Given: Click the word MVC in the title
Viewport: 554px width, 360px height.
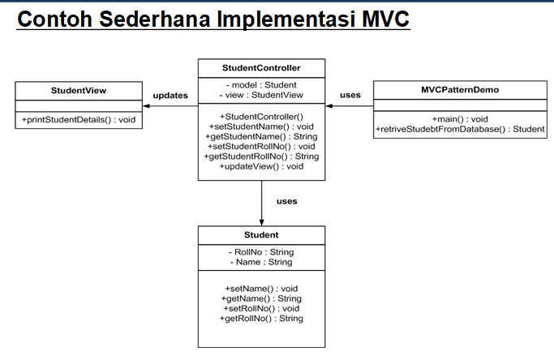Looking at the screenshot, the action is [385, 19].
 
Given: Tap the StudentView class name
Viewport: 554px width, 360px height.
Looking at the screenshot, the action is [79, 91].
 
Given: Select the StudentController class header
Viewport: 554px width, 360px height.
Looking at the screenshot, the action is [261, 68].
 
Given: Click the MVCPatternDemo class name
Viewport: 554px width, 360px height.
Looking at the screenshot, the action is [460, 90].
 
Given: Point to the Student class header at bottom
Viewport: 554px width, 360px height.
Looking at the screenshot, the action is [261, 235].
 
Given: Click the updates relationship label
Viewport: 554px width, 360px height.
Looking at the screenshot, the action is [170, 96].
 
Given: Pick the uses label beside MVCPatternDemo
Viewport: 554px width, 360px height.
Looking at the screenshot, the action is [350, 95].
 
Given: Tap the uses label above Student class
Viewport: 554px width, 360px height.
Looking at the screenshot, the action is [287, 201].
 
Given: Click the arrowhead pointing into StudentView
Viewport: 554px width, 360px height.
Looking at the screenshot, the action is [146, 106].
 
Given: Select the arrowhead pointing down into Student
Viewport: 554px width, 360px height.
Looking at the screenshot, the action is [261, 223].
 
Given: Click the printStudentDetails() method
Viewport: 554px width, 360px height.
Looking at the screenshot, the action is [79, 120].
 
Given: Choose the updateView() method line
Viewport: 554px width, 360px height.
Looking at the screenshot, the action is [261, 166].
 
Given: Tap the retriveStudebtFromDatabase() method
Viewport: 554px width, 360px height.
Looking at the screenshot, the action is [460, 129].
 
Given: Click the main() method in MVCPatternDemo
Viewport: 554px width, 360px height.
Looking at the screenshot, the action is [460, 119].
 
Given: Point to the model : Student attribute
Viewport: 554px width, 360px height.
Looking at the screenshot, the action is [261, 85].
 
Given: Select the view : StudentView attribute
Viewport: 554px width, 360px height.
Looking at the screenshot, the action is [261, 95].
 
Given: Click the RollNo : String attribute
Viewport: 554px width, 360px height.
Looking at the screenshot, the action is [261, 252].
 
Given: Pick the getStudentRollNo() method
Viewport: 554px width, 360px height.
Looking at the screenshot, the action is [261, 156].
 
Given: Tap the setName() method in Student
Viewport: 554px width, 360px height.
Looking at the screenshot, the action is [261, 289].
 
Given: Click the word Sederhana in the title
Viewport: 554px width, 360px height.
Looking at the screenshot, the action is [155, 19].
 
